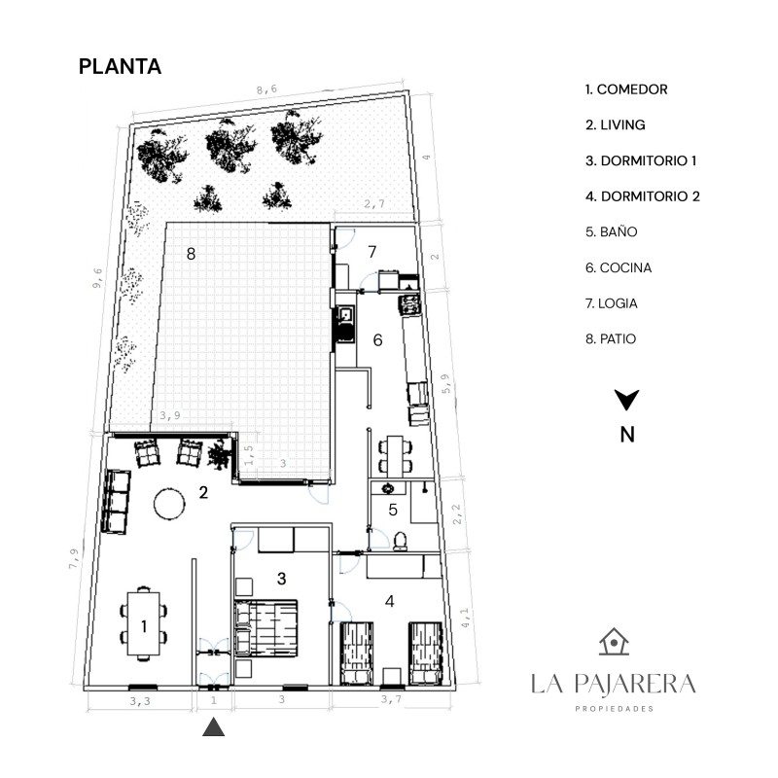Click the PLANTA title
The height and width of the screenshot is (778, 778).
pyautogui.click(x=120, y=66)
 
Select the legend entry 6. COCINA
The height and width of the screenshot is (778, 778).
pyautogui.click(x=619, y=268)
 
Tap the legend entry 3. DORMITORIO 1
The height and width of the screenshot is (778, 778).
pyautogui.click(x=641, y=160)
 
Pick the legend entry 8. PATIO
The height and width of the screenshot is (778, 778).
pyautogui.click(x=611, y=338)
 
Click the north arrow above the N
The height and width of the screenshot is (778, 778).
pyautogui.click(x=626, y=399)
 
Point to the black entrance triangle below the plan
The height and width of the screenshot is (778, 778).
pyautogui.click(x=213, y=726)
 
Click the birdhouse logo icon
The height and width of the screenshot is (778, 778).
pyautogui.click(x=614, y=642)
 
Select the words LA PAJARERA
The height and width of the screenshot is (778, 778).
pyautogui.click(x=614, y=684)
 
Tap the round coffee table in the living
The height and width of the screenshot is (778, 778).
pyautogui.click(x=169, y=504)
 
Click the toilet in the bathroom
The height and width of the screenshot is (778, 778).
pyautogui.click(x=400, y=542)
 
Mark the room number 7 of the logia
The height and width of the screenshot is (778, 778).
pyautogui.click(x=372, y=252)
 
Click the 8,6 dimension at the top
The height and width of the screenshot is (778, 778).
pyautogui.click(x=266, y=89)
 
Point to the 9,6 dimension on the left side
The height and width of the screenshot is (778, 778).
pyautogui.click(x=97, y=278)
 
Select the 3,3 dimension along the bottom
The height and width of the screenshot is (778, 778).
pyautogui.click(x=140, y=701)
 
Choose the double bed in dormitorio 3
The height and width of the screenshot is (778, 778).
pyautogui.click(x=265, y=627)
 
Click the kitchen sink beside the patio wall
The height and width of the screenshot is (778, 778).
pyautogui.click(x=345, y=313)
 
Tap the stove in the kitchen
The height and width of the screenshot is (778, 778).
pyautogui.click(x=409, y=304)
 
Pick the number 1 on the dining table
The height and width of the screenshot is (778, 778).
pyautogui.click(x=144, y=626)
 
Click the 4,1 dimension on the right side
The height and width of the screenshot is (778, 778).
pyautogui.click(x=465, y=618)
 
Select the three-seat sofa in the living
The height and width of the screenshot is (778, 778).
pyautogui.click(x=116, y=502)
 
